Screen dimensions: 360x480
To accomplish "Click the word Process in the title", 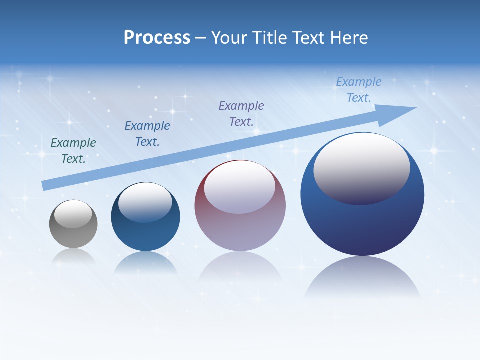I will tap(157, 37).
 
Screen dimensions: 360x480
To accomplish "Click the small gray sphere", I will tap(73, 235).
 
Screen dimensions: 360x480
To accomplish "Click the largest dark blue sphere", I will tap(362, 225).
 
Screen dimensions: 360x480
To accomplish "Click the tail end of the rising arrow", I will tap(44, 185).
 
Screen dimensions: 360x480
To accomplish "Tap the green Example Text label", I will tap(73, 150).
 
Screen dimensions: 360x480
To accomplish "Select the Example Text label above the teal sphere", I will tap(147, 133).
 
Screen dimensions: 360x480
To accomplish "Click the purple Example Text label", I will tap(241, 113).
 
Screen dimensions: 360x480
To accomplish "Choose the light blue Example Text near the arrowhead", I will tap(359, 89).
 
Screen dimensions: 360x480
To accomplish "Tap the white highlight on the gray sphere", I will tap(73, 214).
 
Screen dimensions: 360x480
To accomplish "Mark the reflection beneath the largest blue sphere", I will tap(362, 277).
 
